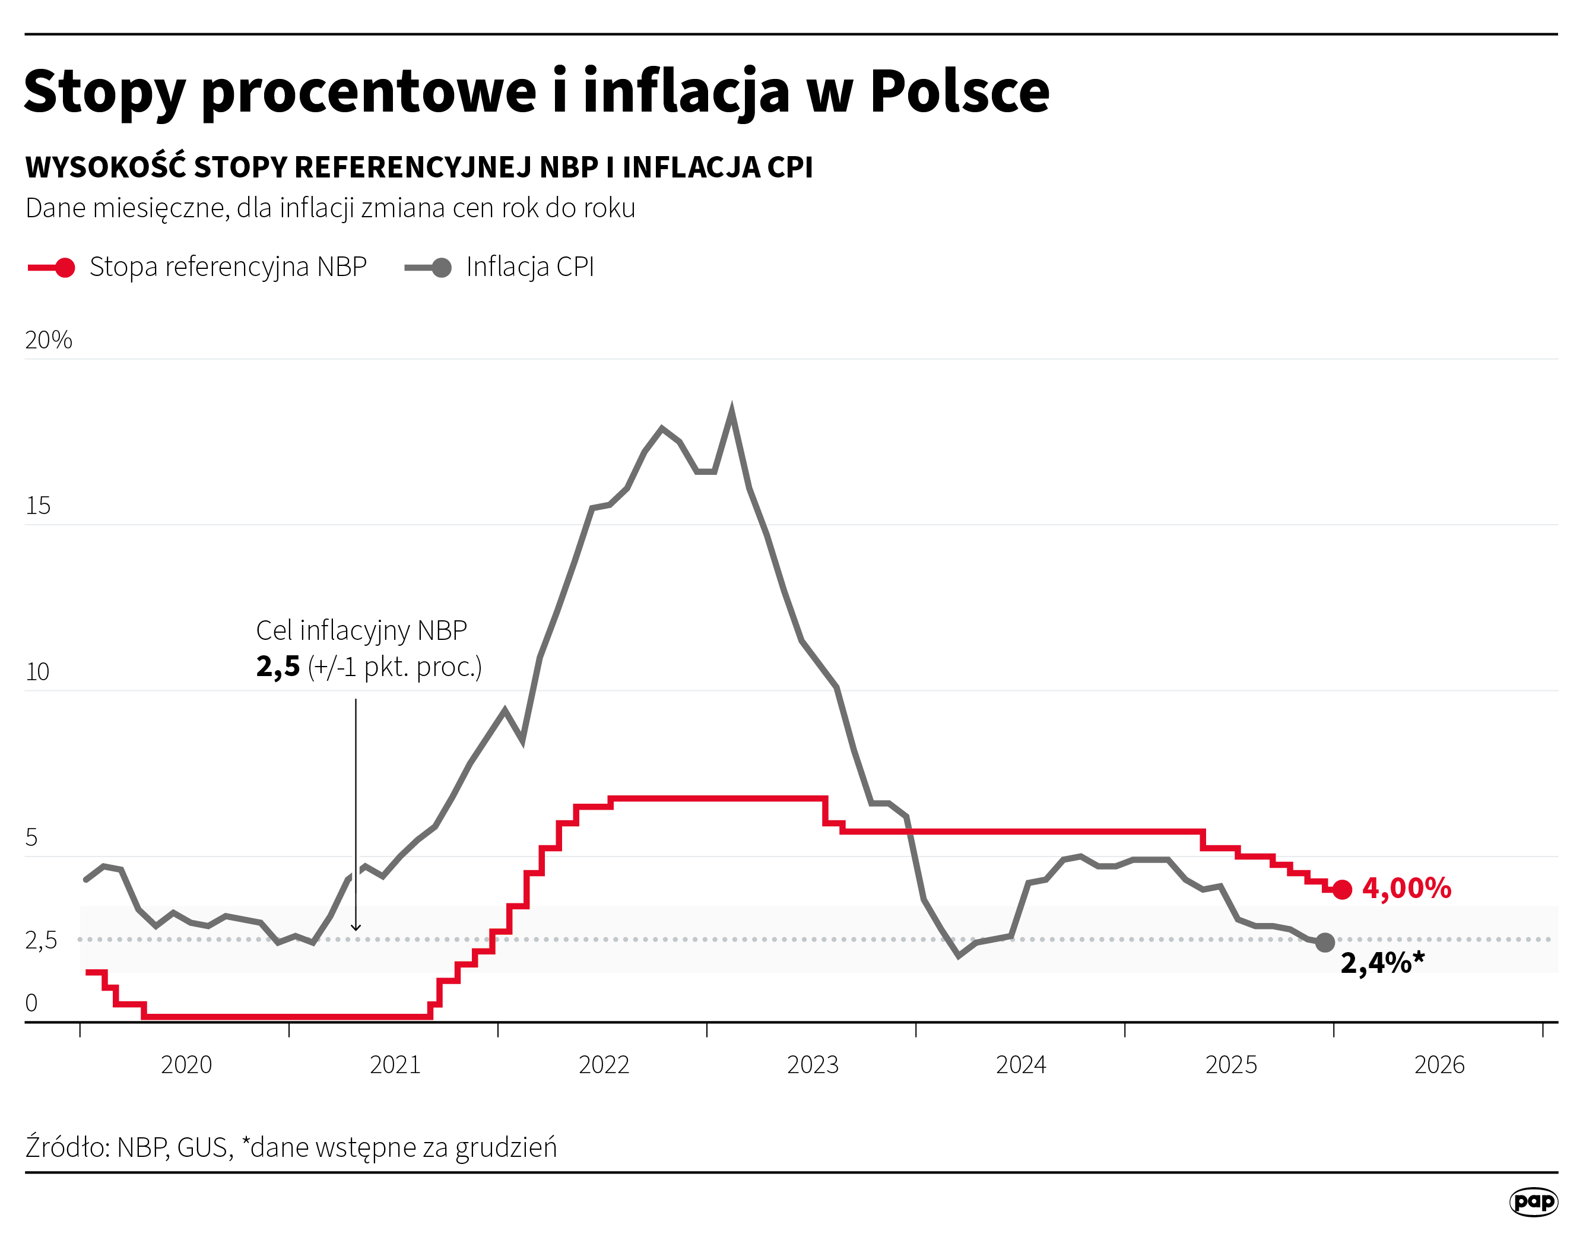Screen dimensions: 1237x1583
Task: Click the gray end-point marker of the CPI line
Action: [1324, 942]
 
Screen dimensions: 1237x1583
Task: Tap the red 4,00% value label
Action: [1406, 888]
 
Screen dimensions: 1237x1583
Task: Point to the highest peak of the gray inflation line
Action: [731, 411]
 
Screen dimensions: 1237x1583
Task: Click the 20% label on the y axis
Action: [49, 340]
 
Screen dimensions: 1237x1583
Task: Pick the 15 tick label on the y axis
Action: [38, 506]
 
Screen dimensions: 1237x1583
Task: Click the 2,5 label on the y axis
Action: [40, 940]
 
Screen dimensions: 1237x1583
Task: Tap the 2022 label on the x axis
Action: [603, 1064]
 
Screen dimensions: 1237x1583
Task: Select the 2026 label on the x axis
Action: [1439, 1064]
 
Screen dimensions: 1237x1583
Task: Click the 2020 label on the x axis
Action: [186, 1064]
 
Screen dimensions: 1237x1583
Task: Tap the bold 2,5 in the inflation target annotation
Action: [278, 666]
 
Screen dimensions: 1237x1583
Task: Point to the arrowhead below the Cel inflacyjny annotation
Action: [356, 928]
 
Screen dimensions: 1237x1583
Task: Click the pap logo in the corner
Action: [1534, 1201]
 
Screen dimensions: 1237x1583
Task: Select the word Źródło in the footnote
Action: [66, 1147]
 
